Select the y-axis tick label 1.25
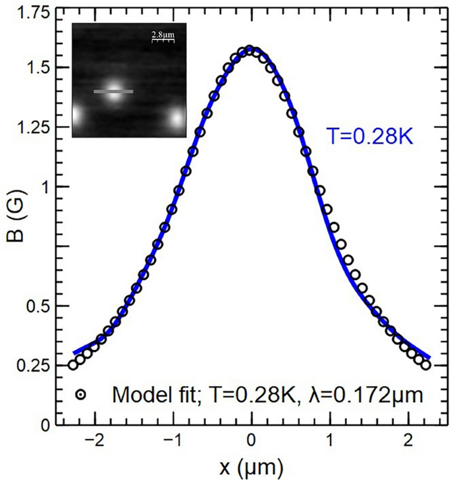32,127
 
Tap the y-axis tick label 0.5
38,306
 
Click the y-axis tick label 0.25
32,366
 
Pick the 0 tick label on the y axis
45,426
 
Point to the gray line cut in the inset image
113,92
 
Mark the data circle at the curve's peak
250,50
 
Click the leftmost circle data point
73,365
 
